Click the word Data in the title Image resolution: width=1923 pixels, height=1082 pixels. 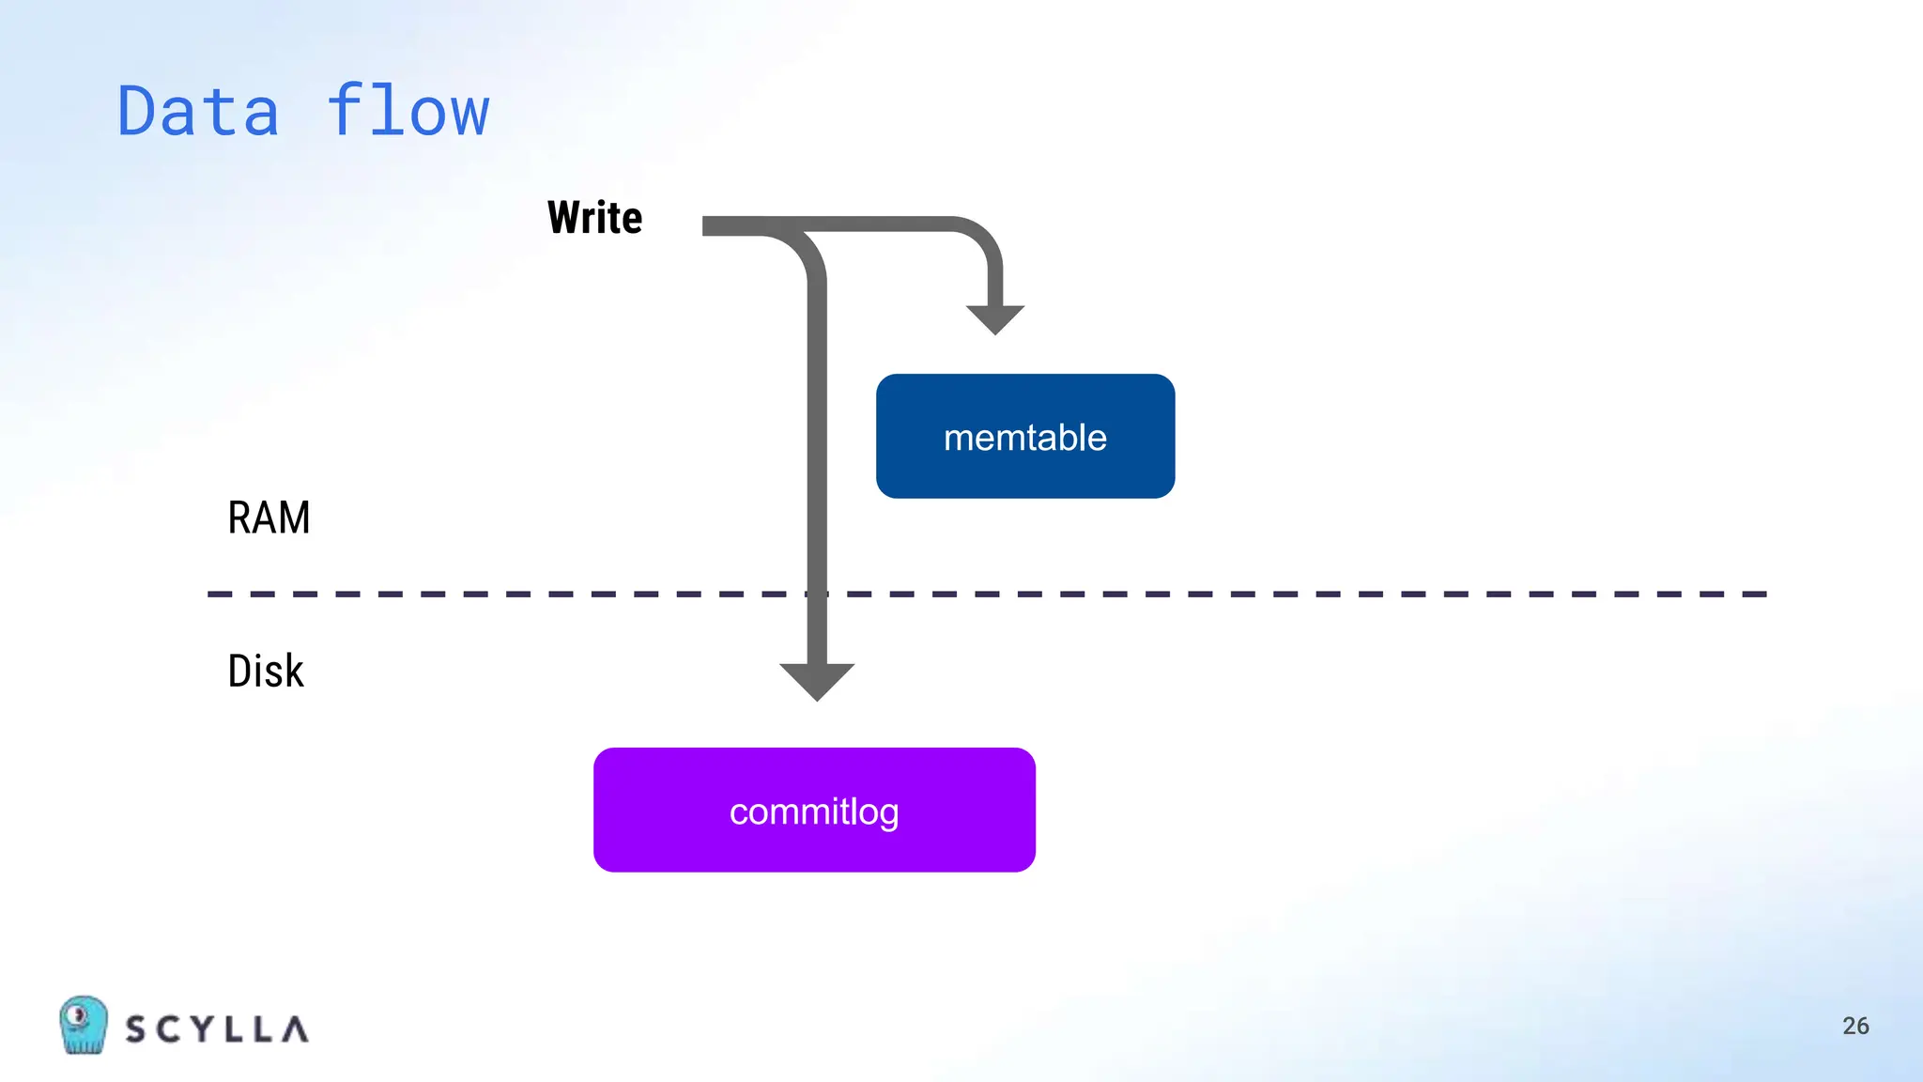click(x=198, y=112)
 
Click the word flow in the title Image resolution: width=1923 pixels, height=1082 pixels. click(x=408, y=112)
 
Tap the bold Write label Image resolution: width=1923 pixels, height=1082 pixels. click(x=595, y=218)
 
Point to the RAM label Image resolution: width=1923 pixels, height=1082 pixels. click(x=269, y=518)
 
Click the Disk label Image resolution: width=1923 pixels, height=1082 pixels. click(x=266, y=672)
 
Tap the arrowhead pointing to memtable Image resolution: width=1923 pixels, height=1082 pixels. click(x=995, y=319)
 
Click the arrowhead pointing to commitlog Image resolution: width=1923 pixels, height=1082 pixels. click(x=817, y=680)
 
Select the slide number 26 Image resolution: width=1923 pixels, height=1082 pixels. click(x=1855, y=1026)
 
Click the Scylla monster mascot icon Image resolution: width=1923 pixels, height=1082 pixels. click(x=83, y=1025)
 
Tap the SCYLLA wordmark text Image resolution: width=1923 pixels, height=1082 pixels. click(x=217, y=1029)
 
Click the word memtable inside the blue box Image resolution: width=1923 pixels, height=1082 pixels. click(x=1025, y=438)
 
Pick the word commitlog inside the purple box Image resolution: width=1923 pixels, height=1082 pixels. click(x=814, y=811)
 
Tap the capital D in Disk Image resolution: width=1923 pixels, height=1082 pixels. click(x=240, y=672)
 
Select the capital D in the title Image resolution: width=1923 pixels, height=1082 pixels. click(x=136, y=112)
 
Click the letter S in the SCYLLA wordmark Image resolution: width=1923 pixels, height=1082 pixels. click(x=137, y=1029)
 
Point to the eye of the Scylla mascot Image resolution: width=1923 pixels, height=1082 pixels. click(x=79, y=1014)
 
